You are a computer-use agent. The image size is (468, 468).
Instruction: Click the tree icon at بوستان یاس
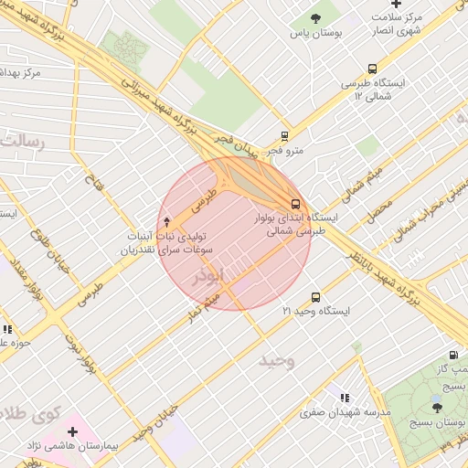tap(316, 17)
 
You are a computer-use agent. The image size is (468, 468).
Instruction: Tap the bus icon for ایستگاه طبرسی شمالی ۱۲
tap(372, 69)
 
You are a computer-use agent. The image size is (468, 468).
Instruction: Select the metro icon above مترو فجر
tap(284, 135)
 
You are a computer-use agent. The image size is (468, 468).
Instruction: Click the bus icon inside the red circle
tap(295, 204)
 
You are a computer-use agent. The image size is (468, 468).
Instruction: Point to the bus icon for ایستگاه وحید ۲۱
tap(315, 297)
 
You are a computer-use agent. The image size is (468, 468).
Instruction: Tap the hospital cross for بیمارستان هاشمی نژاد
tap(72, 430)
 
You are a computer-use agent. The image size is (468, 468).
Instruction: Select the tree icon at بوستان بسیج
tap(436, 408)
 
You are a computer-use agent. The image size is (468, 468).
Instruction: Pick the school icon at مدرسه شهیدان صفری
tap(344, 398)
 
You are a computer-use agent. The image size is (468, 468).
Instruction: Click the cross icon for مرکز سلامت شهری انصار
tap(395, 5)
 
